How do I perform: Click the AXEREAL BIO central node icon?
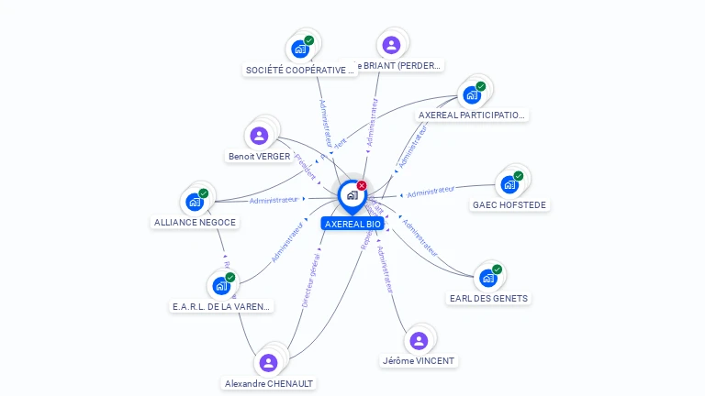click(352, 195)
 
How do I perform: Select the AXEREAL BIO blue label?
click(352, 224)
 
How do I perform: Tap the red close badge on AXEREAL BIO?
click(362, 185)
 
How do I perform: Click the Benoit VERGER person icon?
click(259, 136)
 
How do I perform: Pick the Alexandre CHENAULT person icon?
click(268, 363)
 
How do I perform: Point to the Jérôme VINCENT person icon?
click(419, 341)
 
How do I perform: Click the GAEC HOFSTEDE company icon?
click(509, 184)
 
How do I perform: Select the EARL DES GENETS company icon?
click(487, 278)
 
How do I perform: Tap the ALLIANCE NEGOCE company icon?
click(195, 202)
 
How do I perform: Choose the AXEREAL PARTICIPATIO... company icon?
click(472, 94)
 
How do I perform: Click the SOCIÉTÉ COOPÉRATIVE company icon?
click(300, 49)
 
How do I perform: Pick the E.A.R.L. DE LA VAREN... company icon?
click(220, 285)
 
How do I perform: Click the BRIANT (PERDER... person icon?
click(391, 44)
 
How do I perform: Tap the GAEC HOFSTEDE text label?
click(509, 205)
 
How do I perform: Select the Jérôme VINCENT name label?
click(419, 361)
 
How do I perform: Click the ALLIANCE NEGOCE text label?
click(195, 223)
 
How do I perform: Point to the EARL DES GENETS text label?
click(489, 299)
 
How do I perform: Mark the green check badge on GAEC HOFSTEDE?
click(519, 175)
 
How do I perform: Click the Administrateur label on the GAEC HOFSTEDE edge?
click(431, 192)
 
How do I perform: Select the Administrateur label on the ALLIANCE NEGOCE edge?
click(274, 200)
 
